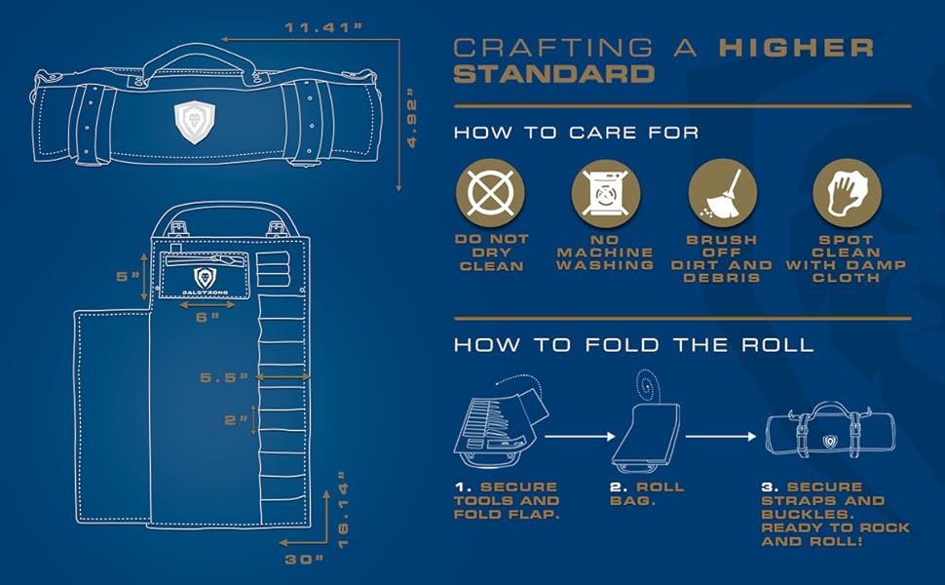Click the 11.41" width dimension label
323,27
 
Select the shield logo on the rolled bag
193,121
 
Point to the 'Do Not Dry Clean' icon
491,190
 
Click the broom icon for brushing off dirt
722,190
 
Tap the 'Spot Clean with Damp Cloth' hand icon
847,190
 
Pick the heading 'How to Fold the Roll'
633,345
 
